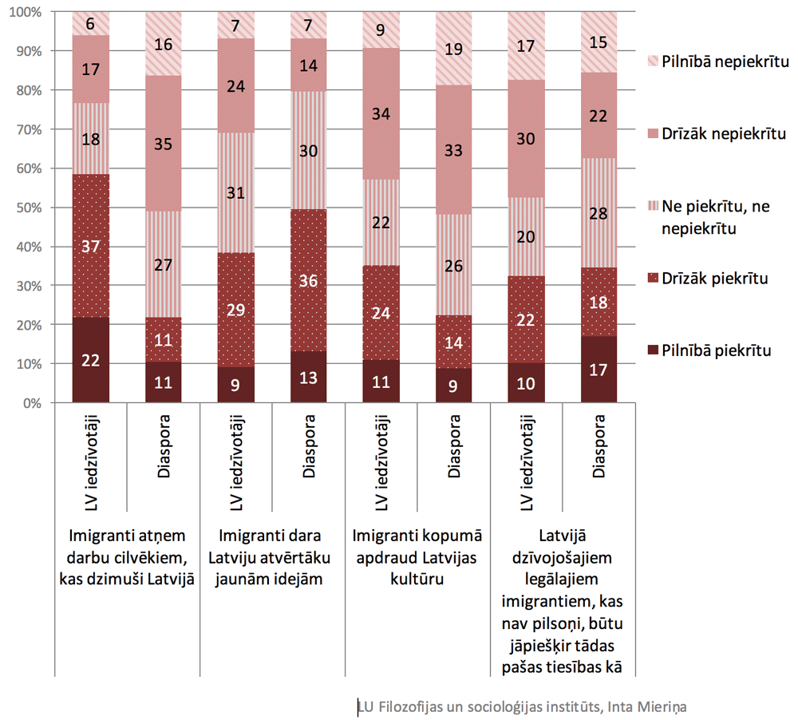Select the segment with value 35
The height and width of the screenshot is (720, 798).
164,144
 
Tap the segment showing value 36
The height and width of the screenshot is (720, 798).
309,280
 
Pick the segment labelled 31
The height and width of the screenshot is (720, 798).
236,192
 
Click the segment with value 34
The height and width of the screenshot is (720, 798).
381,113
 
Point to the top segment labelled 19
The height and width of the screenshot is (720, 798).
454,49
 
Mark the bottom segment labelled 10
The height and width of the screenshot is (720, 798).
527,383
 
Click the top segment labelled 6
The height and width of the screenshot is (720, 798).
91,24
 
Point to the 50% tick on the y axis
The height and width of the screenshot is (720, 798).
33,208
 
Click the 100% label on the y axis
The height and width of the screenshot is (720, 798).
30,13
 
